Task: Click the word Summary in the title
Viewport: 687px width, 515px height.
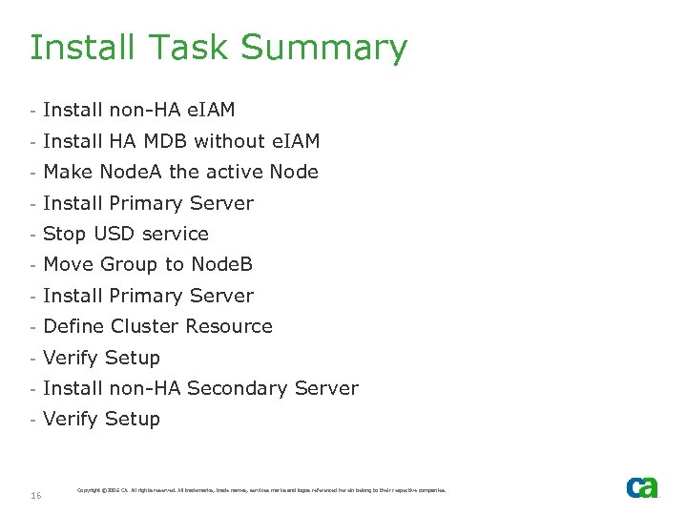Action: click(323, 48)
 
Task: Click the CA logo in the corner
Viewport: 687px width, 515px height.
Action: click(642, 487)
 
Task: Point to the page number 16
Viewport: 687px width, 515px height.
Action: click(35, 495)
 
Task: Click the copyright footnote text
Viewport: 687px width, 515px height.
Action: click(260, 490)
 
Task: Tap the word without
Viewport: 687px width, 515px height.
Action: click(229, 141)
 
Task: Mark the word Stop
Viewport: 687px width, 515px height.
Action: click(65, 235)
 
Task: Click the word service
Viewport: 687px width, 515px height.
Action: click(177, 235)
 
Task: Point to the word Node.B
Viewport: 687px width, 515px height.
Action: click(222, 265)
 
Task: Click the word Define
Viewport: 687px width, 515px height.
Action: click(74, 327)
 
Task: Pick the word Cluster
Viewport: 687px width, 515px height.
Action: click(144, 327)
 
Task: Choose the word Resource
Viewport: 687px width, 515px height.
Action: click(229, 327)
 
